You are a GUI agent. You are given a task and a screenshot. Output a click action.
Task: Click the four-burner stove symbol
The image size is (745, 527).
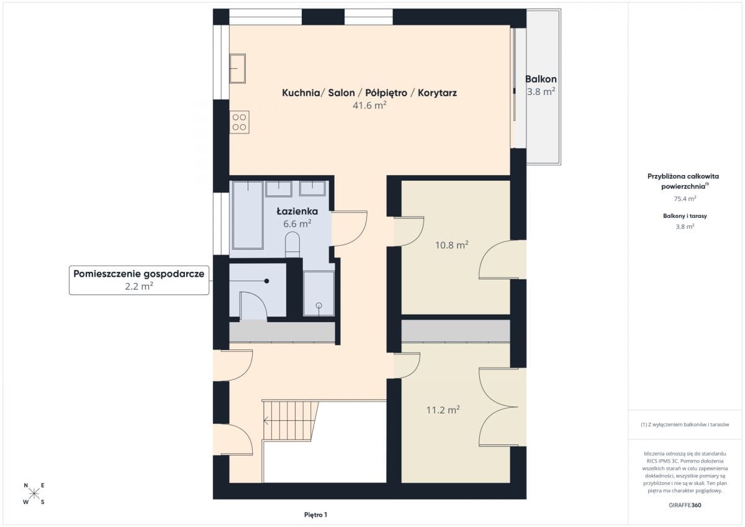pyautogui.click(x=239, y=122)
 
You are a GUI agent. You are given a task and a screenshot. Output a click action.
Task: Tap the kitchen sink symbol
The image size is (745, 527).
pyautogui.click(x=237, y=68)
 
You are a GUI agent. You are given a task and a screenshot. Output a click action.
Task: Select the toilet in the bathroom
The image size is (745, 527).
pyautogui.click(x=292, y=245)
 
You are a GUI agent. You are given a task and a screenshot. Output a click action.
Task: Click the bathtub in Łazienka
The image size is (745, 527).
pyautogui.click(x=248, y=215)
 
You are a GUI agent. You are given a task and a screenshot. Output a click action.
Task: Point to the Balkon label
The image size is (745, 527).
pyautogui.click(x=541, y=79)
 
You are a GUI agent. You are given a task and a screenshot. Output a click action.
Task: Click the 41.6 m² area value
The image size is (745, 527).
pyautogui.click(x=369, y=106)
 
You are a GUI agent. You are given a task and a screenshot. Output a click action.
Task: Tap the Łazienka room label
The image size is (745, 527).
pyautogui.click(x=297, y=212)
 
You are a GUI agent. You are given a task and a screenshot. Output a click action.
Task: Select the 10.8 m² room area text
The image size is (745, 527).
pyautogui.click(x=452, y=245)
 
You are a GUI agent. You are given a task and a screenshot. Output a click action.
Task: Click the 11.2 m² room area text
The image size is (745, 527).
pyautogui.click(x=443, y=410)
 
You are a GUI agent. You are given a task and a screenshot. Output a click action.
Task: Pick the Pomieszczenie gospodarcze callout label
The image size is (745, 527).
pyautogui.click(x=138, y=280)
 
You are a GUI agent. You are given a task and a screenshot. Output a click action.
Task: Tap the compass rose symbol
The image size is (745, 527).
pyautogui.click(x=34, y=493)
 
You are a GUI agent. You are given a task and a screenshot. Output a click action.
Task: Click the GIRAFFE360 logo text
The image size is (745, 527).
pyautogui.click(x=685, y=505)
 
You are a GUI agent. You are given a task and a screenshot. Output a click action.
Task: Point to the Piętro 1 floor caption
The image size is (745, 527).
pyautogui.click(x=315, y=515)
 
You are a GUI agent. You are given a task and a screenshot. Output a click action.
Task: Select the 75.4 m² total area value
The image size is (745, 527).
pyautogui.click(x=685, y=199)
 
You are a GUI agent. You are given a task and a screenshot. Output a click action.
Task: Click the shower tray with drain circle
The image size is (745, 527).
pyautogui.click(x=318, y=294)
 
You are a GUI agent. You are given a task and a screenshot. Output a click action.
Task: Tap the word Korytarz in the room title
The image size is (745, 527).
pyautogui.click(x=437, y=92)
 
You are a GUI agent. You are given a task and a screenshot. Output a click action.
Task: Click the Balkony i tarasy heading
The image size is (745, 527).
pyautogui.click(x=685, y=216)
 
